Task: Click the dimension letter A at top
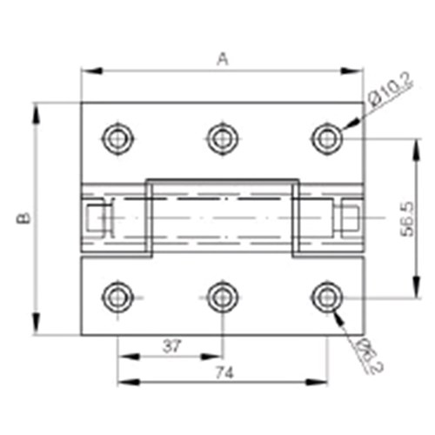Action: point(223,59)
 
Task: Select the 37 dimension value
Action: point(171,346)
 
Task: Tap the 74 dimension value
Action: point(224,371)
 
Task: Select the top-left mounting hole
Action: point(117,137)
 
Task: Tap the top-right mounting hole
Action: point(327,137)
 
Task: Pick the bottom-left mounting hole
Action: point(117,298)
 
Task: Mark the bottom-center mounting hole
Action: point(223,298)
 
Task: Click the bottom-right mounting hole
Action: point(327,298)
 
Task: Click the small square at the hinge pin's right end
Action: point(349,217)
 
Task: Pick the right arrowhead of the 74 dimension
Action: point(323,380)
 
